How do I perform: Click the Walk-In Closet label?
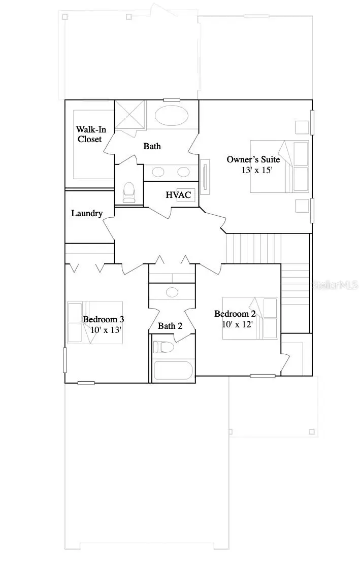click(x=91, y=134)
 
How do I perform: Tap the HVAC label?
click(x=178, y=195)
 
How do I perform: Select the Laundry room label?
click(x=87, y=214)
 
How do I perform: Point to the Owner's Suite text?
click(x=253, y=159)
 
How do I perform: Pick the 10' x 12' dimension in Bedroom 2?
click(x=237, y=323)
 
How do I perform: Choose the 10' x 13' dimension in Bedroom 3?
click(x=106, y=329)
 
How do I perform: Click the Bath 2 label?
click(x=170, y=325)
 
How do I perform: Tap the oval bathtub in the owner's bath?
click(x=171, y=116)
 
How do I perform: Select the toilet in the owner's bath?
click(x=129, y=192)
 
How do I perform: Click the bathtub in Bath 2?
click(x=173, y=370)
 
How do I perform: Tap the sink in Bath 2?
click(x=172, y=292)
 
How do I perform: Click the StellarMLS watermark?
click(x=335, y=286)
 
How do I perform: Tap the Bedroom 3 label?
click(x=104, y=319)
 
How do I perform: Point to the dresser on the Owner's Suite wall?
click(x=205, y=176)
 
